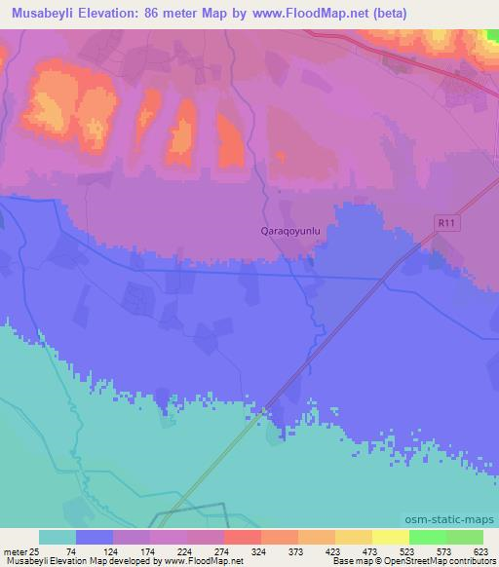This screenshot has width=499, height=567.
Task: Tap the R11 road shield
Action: click(447, 224)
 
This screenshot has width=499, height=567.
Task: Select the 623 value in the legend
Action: click(480, 550)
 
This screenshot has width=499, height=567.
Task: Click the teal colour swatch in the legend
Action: click(58, 537)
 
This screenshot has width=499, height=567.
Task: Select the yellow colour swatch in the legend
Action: click(390, 537)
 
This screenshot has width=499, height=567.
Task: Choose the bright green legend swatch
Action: click(427, 537)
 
